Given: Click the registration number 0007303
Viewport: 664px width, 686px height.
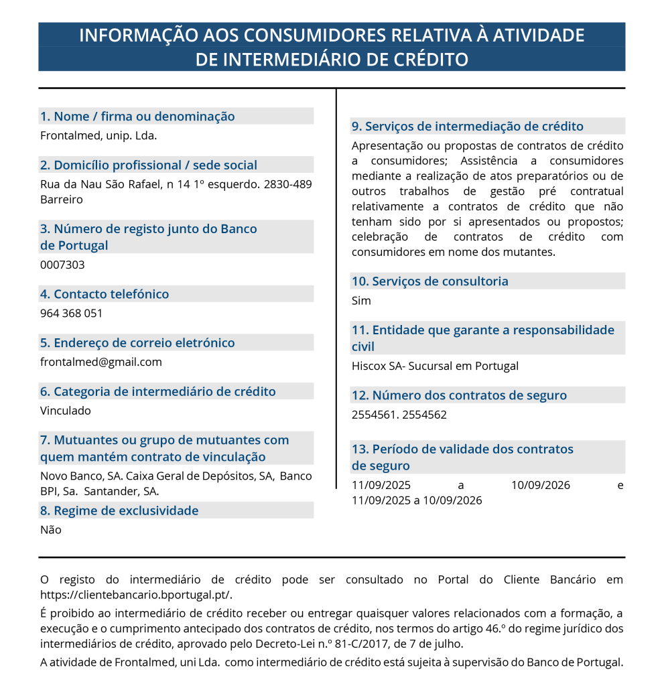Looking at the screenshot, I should tap(62, 265).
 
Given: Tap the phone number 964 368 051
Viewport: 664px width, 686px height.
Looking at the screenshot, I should tap(71, 314).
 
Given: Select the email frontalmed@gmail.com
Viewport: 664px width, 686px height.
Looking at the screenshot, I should tap(101, 362).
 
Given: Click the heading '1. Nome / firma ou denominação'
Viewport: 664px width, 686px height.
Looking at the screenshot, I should tap(137, 117).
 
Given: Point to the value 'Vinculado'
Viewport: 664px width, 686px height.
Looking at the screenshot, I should tap(65, 411).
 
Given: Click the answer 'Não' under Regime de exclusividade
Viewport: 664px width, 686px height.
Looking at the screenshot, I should tap(50, 530).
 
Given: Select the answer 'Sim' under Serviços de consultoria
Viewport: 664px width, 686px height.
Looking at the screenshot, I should tap(361, 301).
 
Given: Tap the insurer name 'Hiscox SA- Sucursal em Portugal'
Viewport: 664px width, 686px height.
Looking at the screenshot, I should tap(435, 366).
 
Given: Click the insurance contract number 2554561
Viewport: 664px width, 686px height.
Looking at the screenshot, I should tap(373, 415).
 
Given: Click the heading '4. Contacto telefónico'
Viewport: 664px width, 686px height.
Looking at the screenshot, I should tap(105, 294).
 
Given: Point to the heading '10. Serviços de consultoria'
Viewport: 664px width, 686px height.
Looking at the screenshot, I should tap(429, 281).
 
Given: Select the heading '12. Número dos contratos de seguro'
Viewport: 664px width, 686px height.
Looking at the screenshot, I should tap(459, 395).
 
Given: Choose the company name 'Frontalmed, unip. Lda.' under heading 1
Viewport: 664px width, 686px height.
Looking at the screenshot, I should tap(98, 136).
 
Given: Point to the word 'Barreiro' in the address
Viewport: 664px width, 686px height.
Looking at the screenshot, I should tap(62, 200).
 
